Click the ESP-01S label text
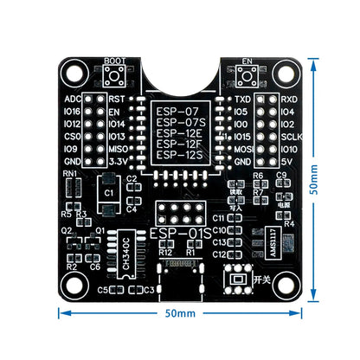pos(179,235)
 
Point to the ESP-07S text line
pos(179,123)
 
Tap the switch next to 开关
pos(236,280)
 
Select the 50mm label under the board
pos(180,312)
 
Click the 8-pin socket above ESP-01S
pos(179,214)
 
